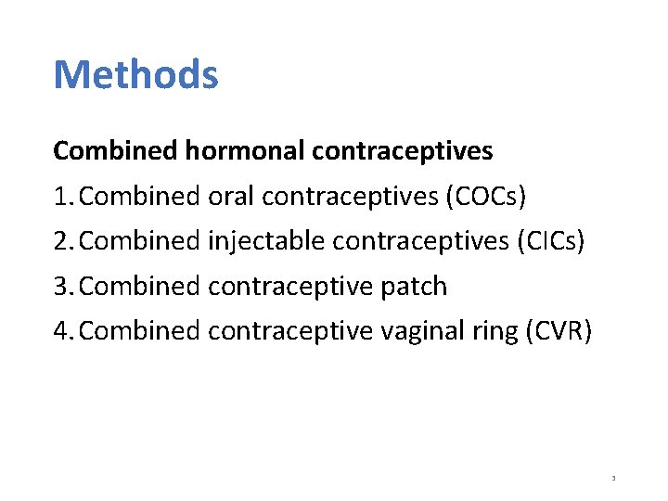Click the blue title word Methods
135,74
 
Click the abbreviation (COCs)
486,196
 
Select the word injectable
266,241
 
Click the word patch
415,287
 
